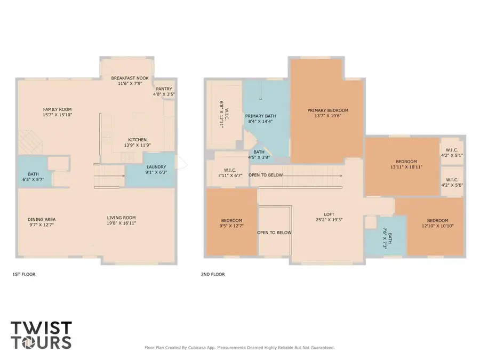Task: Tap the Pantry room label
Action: (164, 89)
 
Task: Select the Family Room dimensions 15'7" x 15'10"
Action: (57, 115)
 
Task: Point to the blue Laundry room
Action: (156, 170)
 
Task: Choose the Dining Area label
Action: (42, 219)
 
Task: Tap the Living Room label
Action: (121, 218)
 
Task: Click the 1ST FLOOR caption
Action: (23, 274)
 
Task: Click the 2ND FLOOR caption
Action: (213, 274)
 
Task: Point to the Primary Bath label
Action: (259, 116)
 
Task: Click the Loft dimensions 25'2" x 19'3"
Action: (329, 219)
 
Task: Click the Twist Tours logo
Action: (41, 334)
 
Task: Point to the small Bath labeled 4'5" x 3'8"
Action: (259, 155)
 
